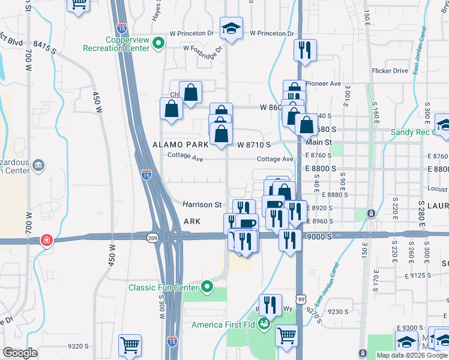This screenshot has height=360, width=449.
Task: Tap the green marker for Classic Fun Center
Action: (208, 287)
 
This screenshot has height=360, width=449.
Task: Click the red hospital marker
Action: (46, 240)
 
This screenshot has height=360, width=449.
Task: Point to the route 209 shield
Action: (152, 238)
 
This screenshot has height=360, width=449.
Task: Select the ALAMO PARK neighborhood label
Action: (180, 145)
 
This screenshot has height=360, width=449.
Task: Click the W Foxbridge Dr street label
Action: (203, 48)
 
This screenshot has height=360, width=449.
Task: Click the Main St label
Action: (318, 142)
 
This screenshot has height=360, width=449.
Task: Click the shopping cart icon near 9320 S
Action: (130, 345)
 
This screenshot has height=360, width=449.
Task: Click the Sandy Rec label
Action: (412, 132)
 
